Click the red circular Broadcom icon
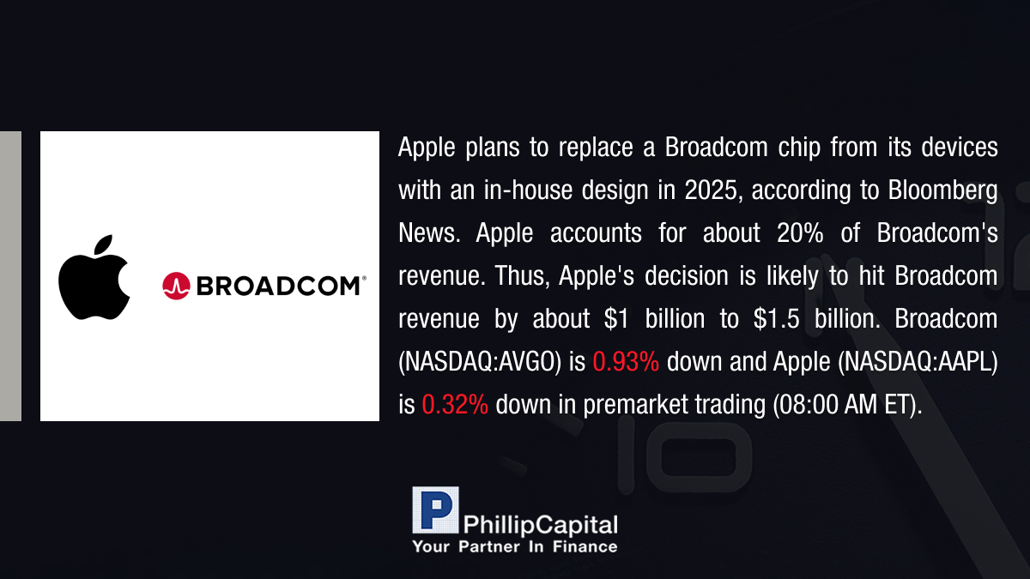click(176, 286)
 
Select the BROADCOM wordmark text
click(279, 286)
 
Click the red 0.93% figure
click(626, 362)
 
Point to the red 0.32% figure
click(455, 404)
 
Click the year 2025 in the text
click(711, 190)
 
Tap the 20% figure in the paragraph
click(800, 233)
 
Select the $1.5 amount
click(776, 318)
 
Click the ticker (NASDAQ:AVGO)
click(480, 362)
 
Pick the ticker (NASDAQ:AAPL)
click(918, 362)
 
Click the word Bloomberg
click(942, 190)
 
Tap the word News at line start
click(429, 233)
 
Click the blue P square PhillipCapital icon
click(435, 510)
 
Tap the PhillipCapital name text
click(540, 525)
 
